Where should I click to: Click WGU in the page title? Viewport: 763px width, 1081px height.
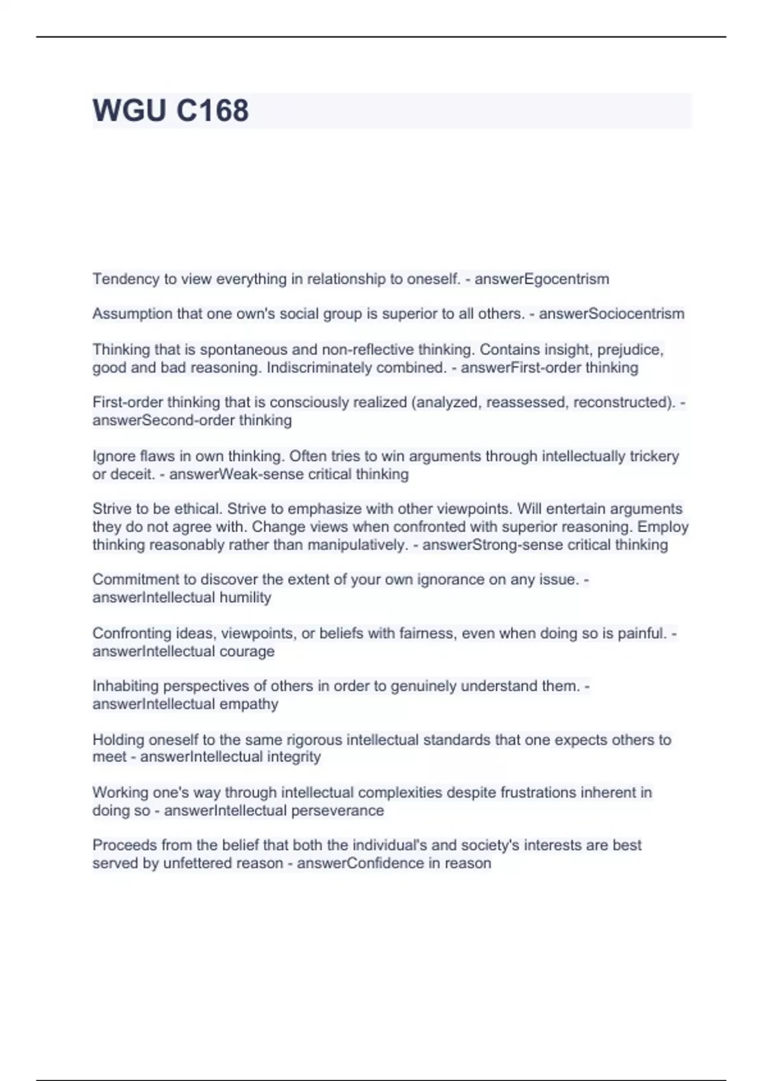(129, 110)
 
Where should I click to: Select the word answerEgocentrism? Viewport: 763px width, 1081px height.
(542, 279)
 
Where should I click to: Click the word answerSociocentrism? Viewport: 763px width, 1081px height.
(612, 313)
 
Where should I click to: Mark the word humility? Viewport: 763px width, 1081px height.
(245, 597)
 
